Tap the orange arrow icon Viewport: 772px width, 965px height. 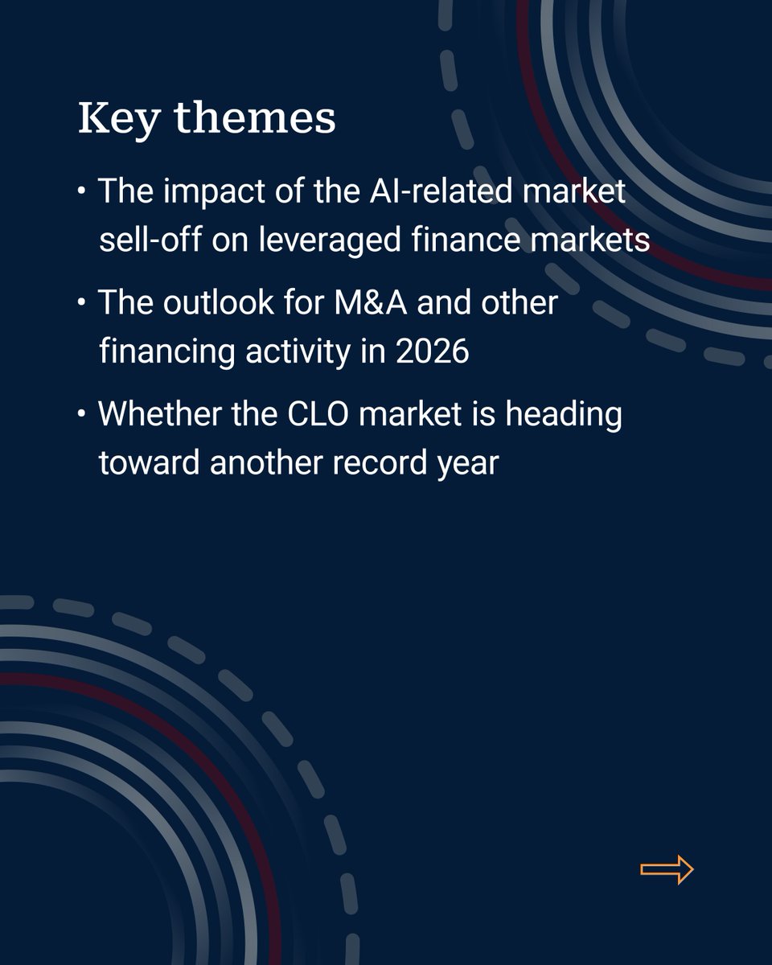pyautogui.click(x=667, y=869)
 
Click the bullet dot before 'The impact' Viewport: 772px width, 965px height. pyautogui.click(x=82, y=194)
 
